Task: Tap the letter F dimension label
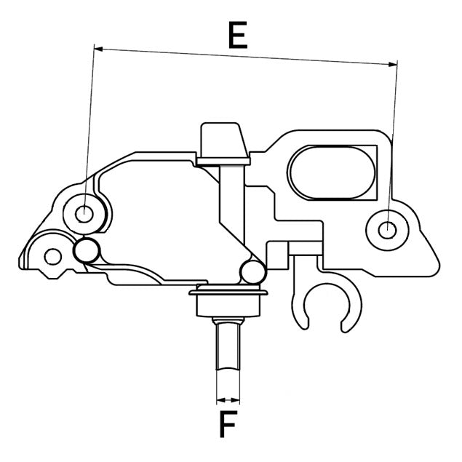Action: pos(228,424)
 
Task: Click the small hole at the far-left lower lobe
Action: pos(52,255)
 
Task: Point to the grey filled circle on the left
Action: pos(87,250)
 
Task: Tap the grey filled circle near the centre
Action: pos(251,272)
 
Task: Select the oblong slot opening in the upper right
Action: pos(333,172)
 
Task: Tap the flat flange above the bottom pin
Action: pos(229,294)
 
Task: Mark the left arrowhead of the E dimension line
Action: pos(98,49)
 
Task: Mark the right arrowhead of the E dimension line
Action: pos(394,64)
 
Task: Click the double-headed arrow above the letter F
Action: pos(228,399)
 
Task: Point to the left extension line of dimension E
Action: pos(89,131)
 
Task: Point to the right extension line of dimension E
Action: pos(393,146)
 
